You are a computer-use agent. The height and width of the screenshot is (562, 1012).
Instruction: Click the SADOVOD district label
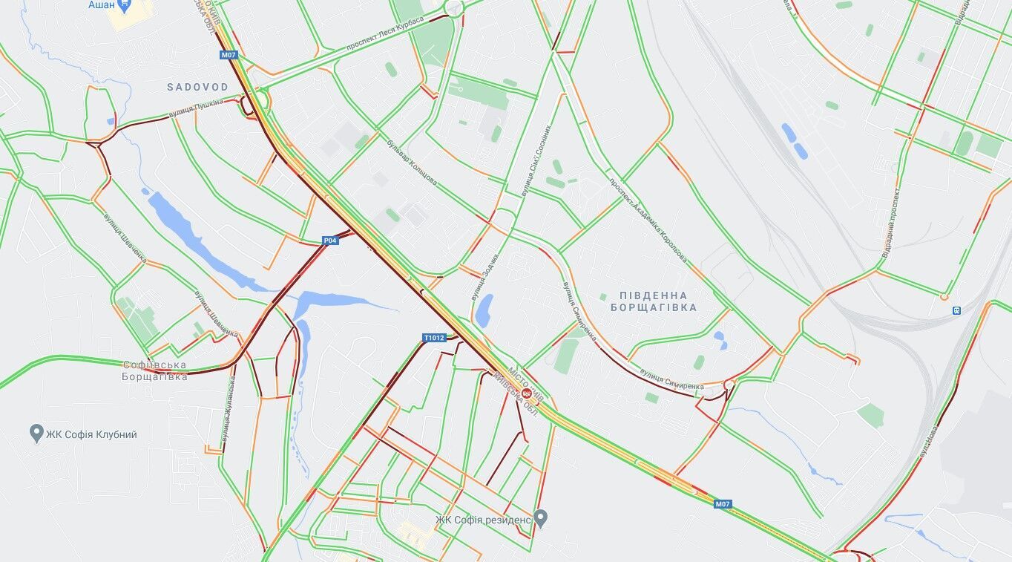(x=197, y=87)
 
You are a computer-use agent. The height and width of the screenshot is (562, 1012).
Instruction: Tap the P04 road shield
(x=330, y=241)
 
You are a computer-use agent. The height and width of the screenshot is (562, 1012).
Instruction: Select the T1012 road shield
(x=434, y=338)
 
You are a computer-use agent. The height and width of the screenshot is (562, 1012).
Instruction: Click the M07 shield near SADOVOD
(x=228, y=55)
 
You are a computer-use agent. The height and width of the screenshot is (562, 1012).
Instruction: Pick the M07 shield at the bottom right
(x=723, y=504)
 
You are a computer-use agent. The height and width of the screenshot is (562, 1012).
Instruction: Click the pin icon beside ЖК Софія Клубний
(x=36, y=434)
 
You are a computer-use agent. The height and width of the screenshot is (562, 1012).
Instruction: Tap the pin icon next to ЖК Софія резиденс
(x=541, y=517)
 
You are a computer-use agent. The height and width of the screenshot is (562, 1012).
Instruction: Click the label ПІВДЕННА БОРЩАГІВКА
(x=653, y=301)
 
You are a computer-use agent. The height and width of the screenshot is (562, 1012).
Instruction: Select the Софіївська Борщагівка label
(x=154, y=370)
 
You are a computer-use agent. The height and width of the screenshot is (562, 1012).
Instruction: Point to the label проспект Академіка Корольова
(x=647, y=220)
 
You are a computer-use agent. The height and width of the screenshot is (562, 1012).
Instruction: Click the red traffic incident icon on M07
(x=527, y=392)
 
